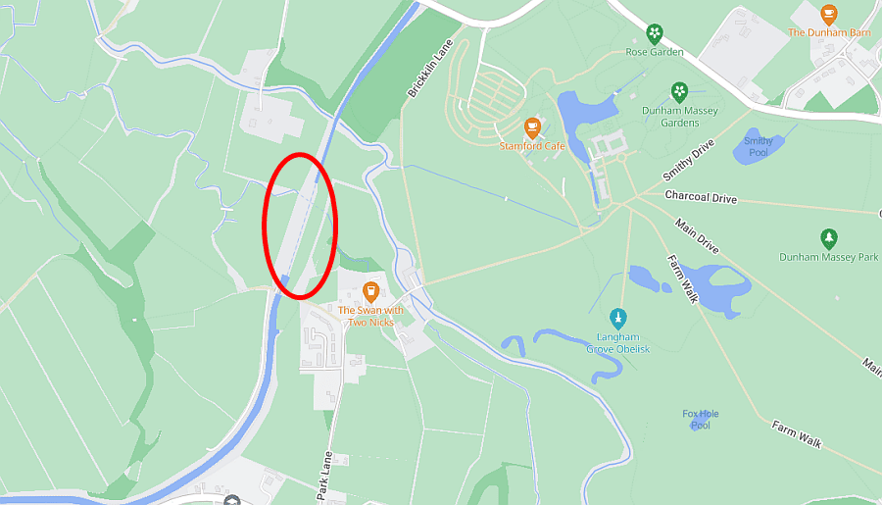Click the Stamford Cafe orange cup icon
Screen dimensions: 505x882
532,126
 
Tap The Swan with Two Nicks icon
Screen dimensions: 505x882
370,291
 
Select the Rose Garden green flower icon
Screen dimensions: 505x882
655,33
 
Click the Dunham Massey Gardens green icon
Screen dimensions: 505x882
679,92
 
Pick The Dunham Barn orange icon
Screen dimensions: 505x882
829,14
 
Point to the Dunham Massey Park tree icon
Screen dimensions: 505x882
829,238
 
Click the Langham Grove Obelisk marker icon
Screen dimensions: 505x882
618,319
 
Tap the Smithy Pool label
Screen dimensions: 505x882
759,147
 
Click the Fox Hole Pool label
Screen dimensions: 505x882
701,420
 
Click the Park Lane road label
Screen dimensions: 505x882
325,477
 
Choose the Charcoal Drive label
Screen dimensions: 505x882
700,198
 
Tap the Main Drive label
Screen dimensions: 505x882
697,236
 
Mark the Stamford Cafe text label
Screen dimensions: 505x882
532,146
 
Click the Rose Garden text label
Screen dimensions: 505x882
655,52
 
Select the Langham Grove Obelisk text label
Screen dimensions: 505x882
618,343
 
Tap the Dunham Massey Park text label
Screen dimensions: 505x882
829,257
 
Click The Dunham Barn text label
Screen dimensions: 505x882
829,32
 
